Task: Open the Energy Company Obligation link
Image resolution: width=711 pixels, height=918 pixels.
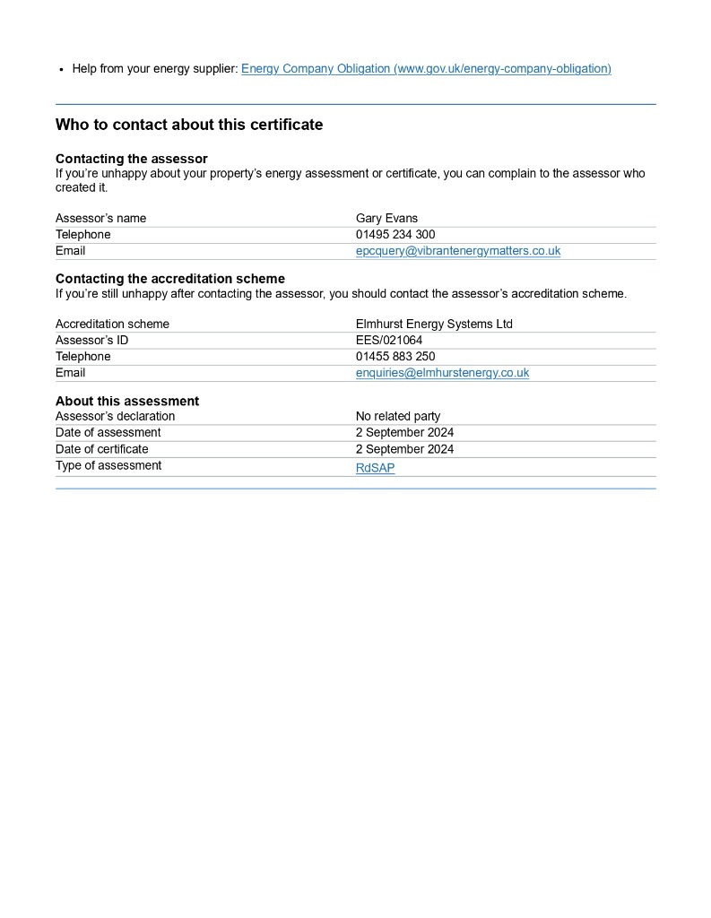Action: [x=426, y=69]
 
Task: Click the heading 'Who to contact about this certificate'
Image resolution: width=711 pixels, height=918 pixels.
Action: [x=189, y=126]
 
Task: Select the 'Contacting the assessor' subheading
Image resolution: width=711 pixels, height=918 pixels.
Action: [x=132, y=159]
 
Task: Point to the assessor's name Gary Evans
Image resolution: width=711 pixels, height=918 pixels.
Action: [x=386, y=219]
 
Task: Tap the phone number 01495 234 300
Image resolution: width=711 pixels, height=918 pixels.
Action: [x=395, y=235]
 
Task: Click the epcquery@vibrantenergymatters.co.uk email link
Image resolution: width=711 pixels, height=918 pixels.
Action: [x=458, y=251]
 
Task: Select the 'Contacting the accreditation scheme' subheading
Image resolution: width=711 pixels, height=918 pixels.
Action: [x=170, y=279]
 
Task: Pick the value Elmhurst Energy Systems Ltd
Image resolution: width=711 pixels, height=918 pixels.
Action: [x=434, y=325]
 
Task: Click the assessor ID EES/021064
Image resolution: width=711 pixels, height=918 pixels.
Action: [x=389, y=341]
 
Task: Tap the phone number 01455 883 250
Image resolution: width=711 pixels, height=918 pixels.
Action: [x=395, y=357]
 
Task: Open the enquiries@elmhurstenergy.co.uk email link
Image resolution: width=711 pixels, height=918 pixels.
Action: [x=442, y=373]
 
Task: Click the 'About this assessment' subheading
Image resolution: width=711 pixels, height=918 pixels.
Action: [x=127, y=401]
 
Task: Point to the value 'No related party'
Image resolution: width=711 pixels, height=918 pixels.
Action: [x=398, y=417]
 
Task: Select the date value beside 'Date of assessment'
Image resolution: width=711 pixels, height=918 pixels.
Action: [x=404, y=433]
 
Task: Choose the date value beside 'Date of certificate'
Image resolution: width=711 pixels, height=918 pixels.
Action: [x=404, y=449]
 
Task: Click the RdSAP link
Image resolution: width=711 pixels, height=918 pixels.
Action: [x=375, y=468]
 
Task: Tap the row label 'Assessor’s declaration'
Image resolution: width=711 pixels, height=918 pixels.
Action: [x=116, y=417]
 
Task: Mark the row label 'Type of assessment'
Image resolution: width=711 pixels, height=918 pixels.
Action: [x=108, y=466]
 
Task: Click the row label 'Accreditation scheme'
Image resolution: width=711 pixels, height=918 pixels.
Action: [x=112, y=325]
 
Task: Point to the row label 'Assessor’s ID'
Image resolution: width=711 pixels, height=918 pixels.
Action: [x=92, y=341]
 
